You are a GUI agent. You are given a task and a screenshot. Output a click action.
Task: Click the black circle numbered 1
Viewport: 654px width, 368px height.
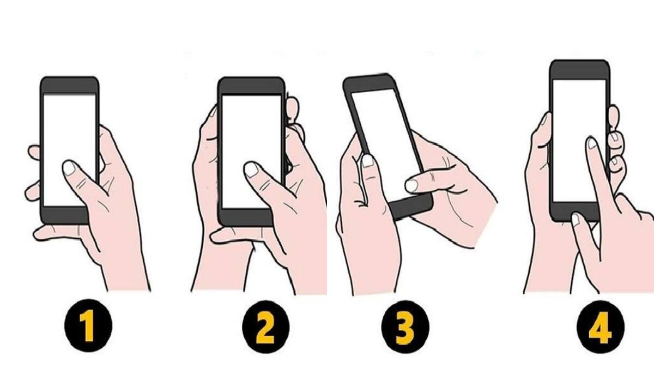[x=89, y=327]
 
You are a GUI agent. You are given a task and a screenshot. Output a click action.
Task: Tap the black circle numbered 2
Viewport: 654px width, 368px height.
[x=265, y=327]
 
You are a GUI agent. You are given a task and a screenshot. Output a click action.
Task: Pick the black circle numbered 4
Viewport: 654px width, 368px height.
[x=601, y=327]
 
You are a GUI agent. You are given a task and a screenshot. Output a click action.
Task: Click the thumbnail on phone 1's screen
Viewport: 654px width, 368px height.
[x=69, y=167]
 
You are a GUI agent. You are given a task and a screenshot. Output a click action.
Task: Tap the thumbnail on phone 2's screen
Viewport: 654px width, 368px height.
[x=251, y=170]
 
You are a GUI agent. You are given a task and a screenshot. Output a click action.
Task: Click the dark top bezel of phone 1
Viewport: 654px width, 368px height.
[x=70, y=85]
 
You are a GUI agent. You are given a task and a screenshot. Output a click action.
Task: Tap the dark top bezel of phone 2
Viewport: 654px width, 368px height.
[x=251, y=86]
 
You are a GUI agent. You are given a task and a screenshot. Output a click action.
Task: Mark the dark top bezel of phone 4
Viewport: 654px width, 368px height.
[x=579, y=70]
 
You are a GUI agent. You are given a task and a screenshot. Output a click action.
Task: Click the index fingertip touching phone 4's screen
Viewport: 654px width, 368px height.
[x=592, y=144]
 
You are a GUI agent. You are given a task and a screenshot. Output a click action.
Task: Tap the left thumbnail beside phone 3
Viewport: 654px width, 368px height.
[x=368, y=161]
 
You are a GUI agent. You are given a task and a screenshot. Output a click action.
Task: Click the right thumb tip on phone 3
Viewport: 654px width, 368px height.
[x=412, y=185]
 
